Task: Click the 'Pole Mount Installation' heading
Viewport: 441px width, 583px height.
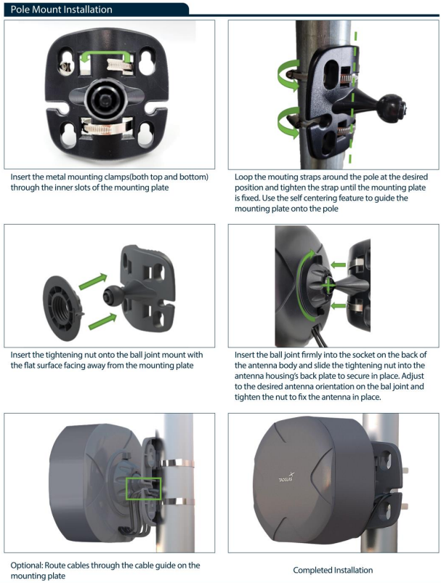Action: (x=61, y=9)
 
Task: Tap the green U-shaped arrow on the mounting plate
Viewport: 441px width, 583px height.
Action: (x=106, y=54)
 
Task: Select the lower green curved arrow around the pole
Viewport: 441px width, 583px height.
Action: (x=288, y=121)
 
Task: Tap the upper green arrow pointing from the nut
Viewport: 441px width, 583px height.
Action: (x=93, y=281)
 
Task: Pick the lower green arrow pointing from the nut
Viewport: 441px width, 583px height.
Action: (x=102, y=321)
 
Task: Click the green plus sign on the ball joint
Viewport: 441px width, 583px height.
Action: (x=328, y=286)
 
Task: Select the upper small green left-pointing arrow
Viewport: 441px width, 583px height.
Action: (x=338, y=265)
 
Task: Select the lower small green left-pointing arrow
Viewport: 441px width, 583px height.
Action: (x=338, y=306)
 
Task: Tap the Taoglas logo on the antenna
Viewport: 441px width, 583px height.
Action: (x=286, y=477)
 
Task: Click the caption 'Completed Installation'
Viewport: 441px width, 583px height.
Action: (x=333, y=570)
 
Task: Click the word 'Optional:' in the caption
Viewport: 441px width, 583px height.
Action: (x=27, y=566)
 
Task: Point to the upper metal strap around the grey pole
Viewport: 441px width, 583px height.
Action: (x=177, y=464)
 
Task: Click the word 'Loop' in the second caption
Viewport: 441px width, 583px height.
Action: (x=243, y=177)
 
